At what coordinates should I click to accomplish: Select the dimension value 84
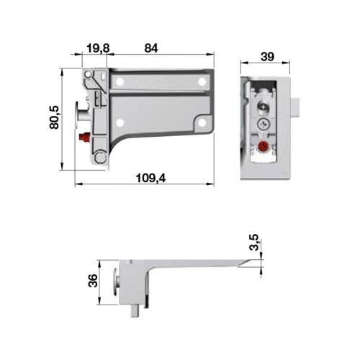click(151, 48)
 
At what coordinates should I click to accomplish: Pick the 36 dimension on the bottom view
click(92, 282)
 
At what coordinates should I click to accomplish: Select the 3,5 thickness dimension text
click(253, 241)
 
